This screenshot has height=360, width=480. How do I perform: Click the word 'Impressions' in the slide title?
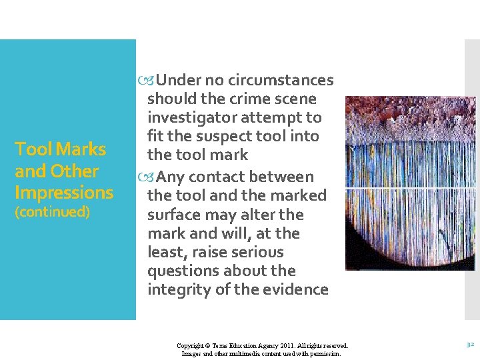pyautogui.click(x=64, y=193)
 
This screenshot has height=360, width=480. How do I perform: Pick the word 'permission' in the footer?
pyautogui.click(x=325, y=354)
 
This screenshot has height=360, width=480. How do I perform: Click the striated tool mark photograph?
pyautogui.click(x=410, y=183)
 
